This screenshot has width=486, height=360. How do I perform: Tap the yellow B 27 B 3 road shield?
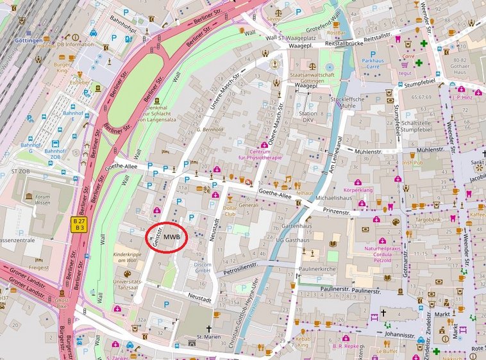[80, 224]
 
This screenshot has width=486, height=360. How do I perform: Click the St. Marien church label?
[208, 336]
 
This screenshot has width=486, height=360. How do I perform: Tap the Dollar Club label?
[230, 211]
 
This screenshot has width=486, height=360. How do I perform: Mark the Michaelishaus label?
[334, 199]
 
